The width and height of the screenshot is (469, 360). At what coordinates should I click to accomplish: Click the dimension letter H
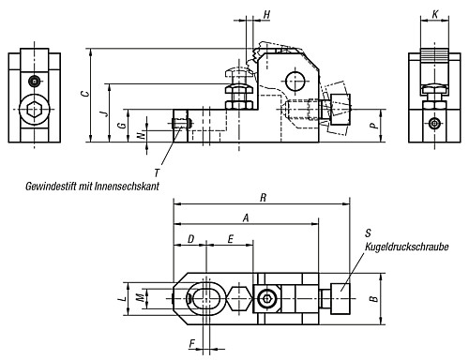266,14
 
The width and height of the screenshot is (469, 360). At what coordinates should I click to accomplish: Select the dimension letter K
435,14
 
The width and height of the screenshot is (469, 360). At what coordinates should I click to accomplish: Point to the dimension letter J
106,112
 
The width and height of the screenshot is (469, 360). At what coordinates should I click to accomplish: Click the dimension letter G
123,125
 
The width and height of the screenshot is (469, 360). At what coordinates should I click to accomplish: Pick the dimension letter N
142,135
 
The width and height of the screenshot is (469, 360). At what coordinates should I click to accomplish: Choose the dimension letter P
373,126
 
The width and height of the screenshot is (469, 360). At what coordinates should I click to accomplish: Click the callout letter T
158,172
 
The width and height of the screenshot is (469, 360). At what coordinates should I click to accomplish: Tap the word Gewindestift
51,187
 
